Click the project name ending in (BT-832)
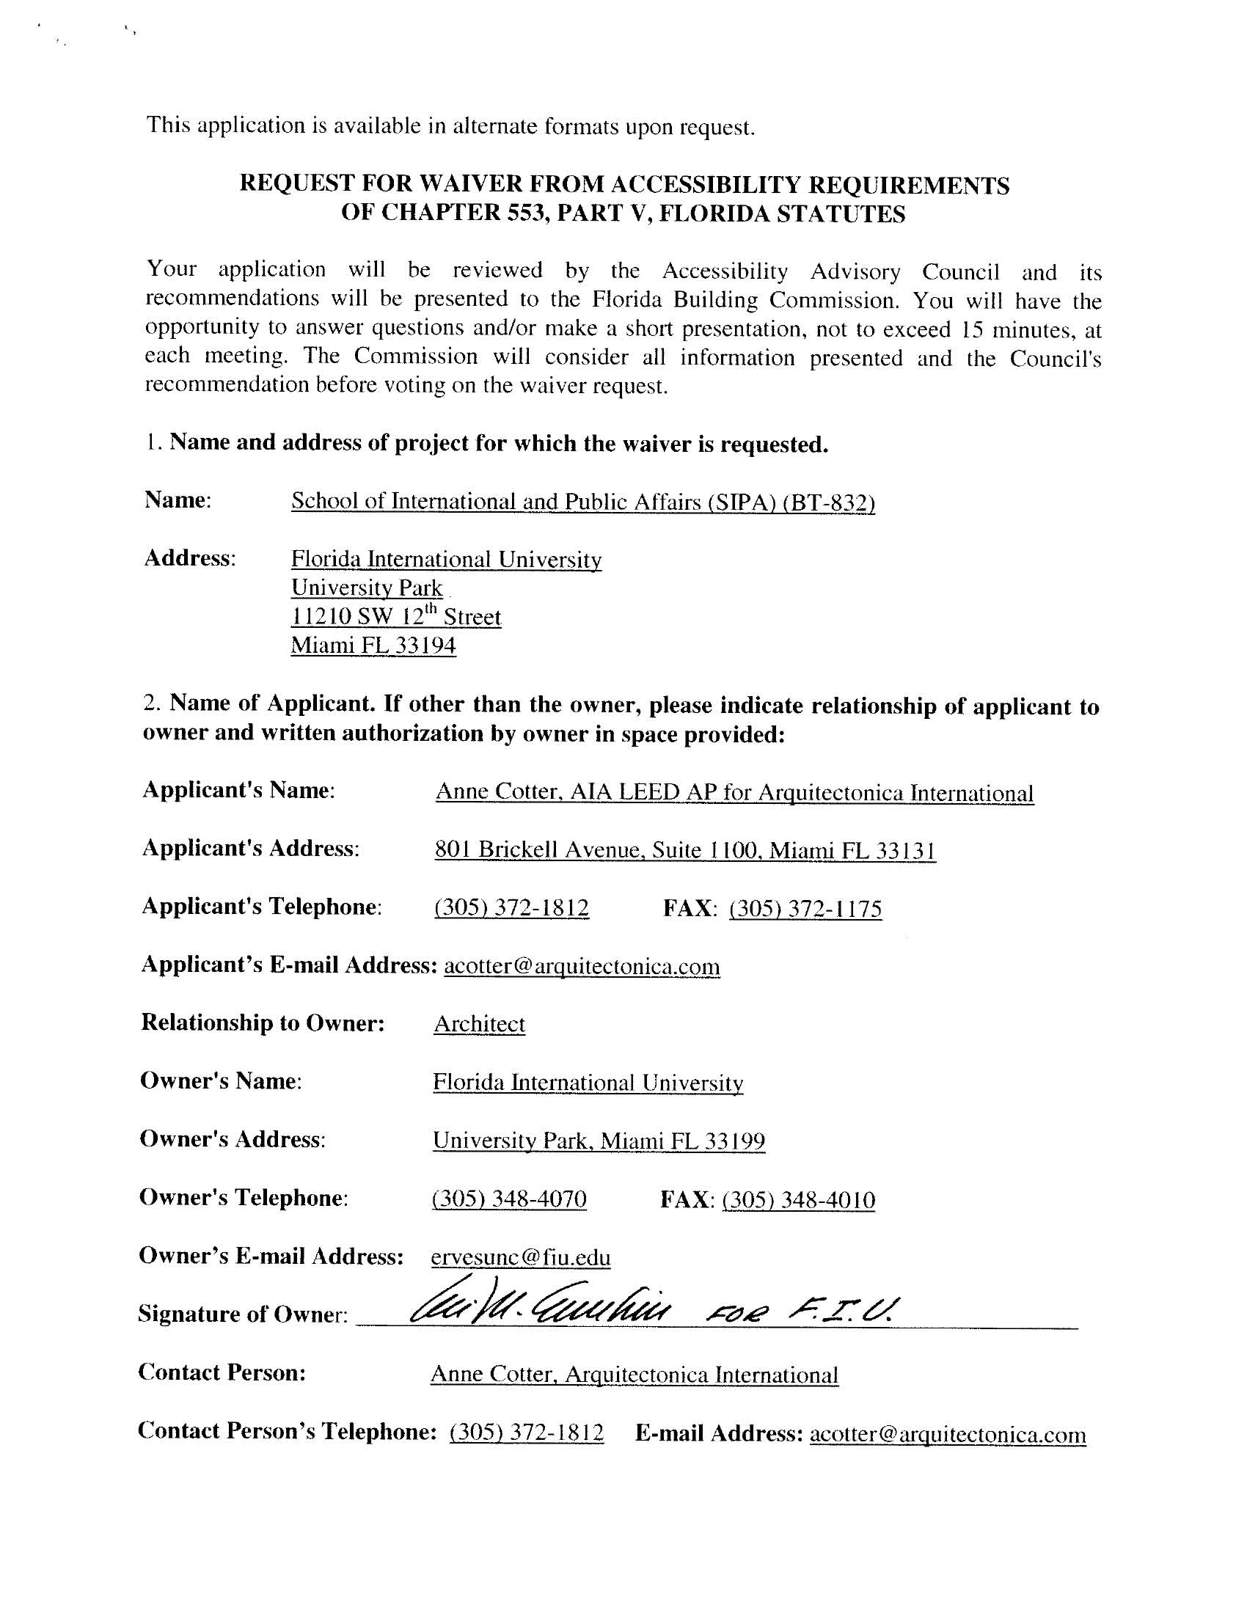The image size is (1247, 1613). tap(583, 502)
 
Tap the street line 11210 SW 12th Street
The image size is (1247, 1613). tap(396, 617)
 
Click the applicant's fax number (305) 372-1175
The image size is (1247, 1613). tap(805, 907)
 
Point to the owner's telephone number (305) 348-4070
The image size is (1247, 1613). tap(509, 1198)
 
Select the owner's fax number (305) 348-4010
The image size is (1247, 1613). tap(799, 1199)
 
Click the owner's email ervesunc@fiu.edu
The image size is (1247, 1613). tap(521, 1257)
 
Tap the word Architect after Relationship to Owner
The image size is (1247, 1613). tap(480, 1024)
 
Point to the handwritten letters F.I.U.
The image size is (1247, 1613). tap(842, 1309)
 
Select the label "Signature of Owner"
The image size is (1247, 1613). tap(242, 1314)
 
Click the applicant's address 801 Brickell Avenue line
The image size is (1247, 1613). tap(685, 850)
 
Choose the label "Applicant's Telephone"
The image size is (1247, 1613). tap(262, 906)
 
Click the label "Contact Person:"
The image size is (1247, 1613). tap(222, 1372)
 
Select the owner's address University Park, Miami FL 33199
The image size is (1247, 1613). tap(599, 1141)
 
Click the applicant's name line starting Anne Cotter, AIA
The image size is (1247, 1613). tap(734, 792)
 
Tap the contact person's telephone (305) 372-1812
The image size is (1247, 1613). tap(526, 1433)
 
